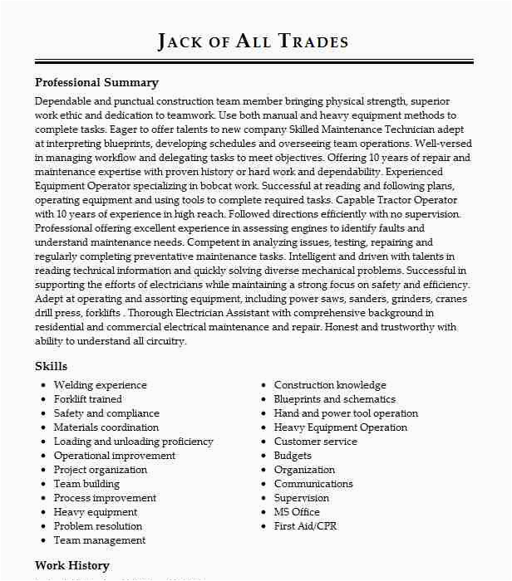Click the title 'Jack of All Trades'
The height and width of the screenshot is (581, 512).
253,41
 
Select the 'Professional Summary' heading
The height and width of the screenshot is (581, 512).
96,83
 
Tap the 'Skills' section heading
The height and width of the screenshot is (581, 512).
51,366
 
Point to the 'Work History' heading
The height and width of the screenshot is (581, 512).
72,566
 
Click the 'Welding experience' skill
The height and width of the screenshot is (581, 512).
100,385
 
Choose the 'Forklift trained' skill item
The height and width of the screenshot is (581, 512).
87,399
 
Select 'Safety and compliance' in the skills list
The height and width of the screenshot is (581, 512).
106,413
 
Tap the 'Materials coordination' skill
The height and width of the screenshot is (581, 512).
106,427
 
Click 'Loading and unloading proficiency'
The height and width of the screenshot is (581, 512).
133,442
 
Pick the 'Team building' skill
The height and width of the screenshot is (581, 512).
86,484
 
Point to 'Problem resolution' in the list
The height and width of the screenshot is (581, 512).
97,526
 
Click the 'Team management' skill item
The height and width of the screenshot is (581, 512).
99,540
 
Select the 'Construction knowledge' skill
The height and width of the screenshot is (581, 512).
330,385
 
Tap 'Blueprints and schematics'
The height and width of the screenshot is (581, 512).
334,399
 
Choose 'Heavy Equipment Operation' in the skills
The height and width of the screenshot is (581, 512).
341,427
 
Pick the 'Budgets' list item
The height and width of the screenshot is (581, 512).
293,456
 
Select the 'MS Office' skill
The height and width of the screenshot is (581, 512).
297,512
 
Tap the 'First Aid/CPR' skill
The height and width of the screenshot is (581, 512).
305,526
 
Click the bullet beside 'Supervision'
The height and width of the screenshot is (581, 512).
263,498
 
